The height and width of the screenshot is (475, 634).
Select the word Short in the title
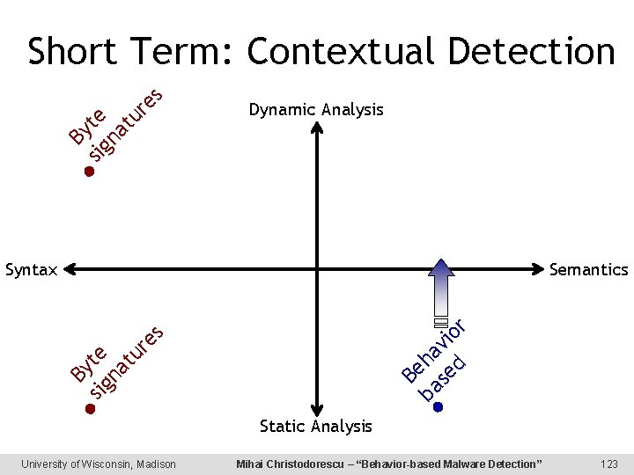click(72, 52)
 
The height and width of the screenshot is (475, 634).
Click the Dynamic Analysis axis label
click(315, 110)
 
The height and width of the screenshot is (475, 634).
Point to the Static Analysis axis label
click(315, 427)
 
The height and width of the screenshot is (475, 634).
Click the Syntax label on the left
click(31, 270)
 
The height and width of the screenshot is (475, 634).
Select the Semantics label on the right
click(588, 270)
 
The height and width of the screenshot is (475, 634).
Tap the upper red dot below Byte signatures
click(89, 172)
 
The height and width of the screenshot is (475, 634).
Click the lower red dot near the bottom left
click(89, 409)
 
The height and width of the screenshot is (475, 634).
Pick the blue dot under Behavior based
click(438, 407)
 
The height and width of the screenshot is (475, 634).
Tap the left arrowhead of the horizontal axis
click(70, 269)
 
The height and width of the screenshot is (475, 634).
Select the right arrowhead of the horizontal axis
click(539, 269)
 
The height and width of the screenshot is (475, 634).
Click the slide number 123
click(608, 464)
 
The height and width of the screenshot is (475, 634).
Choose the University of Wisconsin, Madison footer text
click(99, 464)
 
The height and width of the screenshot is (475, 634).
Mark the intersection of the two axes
click(315, 269)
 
